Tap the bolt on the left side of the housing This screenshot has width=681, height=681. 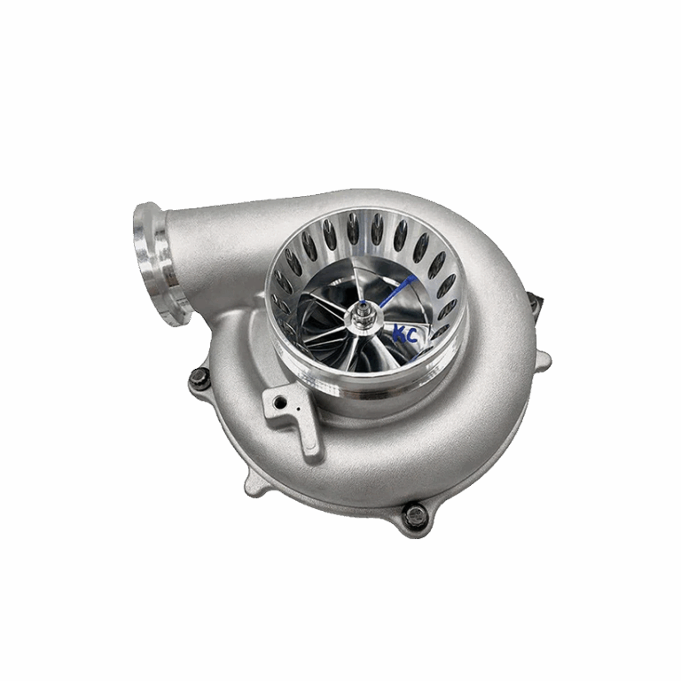coord(200,376)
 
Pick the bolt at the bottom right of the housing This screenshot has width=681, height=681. coord(416,515)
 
